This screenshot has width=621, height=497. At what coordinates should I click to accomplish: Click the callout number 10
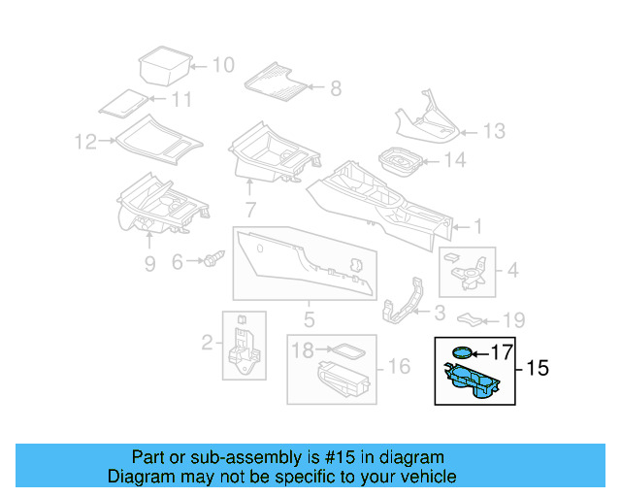224,65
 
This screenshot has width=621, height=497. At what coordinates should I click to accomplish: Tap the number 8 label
336,88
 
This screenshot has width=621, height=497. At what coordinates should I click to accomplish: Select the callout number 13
494,131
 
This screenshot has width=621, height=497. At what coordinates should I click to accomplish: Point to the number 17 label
502,352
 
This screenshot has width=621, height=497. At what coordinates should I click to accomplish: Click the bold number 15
538,368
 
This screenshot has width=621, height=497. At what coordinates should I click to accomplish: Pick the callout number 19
513,320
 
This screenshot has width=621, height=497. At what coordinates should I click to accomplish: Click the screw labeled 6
213,258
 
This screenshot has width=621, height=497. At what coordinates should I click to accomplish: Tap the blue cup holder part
472,381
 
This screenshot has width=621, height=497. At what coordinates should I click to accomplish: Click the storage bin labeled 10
165,66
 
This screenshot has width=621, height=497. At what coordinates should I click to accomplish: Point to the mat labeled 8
276,83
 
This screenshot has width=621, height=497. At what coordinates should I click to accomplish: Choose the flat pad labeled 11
123,104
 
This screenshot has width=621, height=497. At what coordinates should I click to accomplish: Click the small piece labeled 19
470,319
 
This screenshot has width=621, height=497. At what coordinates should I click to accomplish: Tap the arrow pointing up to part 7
249,187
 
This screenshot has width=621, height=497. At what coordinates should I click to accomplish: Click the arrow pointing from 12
107,141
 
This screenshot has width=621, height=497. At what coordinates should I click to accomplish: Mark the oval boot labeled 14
401,161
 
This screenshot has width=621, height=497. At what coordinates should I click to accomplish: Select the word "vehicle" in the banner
432,477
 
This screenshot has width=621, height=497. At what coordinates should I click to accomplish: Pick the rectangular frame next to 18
346,350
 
